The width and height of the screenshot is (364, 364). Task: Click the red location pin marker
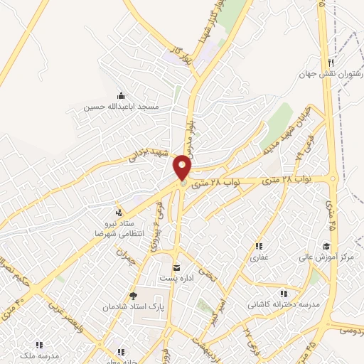point(183,167)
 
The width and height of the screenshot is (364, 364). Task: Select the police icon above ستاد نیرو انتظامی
point(119,213)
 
